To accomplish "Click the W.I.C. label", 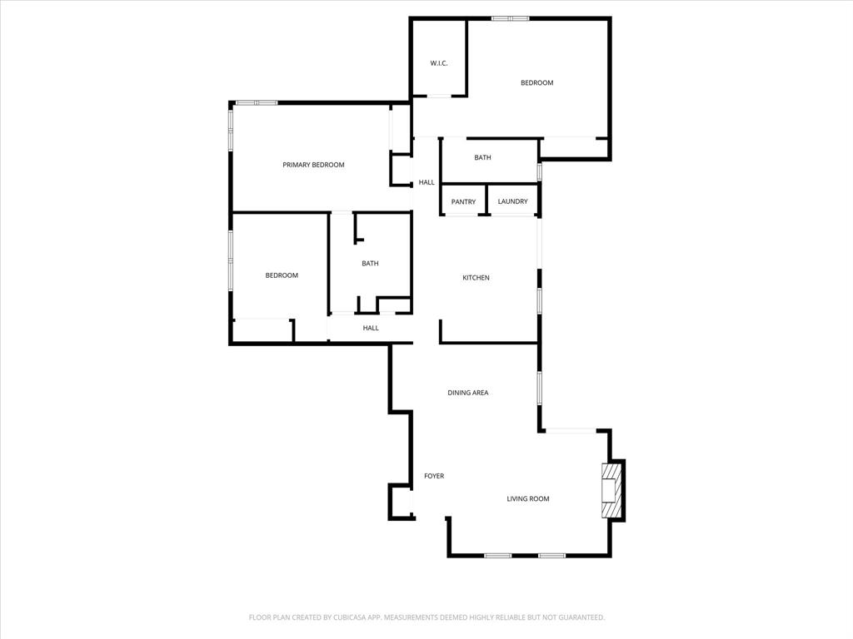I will click(439, 63).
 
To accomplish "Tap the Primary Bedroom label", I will click(313, 165).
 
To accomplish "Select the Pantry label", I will click(463, 201).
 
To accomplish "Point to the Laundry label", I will click(512, 201).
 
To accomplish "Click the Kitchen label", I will click(476, 277).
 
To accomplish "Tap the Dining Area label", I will click(467, 393).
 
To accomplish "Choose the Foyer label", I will click(434, 476).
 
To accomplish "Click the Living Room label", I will click(528, 498).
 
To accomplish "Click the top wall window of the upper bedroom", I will click(510, 18).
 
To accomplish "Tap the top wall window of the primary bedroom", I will click(256, 102).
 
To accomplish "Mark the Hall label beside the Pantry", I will click(426, 182).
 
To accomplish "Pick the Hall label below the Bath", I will click(371, 328).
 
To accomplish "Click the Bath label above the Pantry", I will click(482, 157).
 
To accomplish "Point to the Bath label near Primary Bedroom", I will click(370, 264).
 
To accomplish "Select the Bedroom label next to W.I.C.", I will click(536, 82).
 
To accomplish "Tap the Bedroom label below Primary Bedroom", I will click(282, 275).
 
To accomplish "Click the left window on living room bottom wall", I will click(497, 555).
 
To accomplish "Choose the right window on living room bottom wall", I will click(551, 555).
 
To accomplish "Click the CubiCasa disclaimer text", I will click(426, 617).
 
